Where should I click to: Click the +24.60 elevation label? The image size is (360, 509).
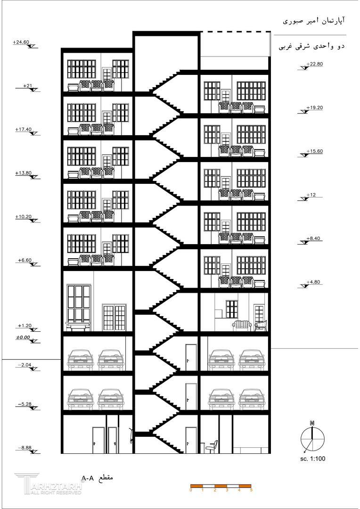(22, 42)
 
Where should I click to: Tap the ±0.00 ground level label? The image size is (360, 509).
(23, 337)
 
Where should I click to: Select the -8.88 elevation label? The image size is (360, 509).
(25, 448)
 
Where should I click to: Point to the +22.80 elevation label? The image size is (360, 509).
(314, 64)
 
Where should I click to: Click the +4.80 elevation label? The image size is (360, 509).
(313, 282)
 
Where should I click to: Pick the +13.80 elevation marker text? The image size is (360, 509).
(23, 173)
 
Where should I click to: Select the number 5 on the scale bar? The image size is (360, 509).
(251, 490)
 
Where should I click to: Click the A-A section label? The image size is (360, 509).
(98, 478)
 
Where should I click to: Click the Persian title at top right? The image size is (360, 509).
(314, 21)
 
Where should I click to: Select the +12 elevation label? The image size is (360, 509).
(311, 195)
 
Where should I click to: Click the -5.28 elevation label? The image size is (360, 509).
(25, 404)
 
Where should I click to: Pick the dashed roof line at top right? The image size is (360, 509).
(236, 32)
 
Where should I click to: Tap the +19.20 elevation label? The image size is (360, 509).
(314, 108)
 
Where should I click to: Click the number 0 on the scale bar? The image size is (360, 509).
(191, 490)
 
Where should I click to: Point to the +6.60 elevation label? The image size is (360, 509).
(24, 260)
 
